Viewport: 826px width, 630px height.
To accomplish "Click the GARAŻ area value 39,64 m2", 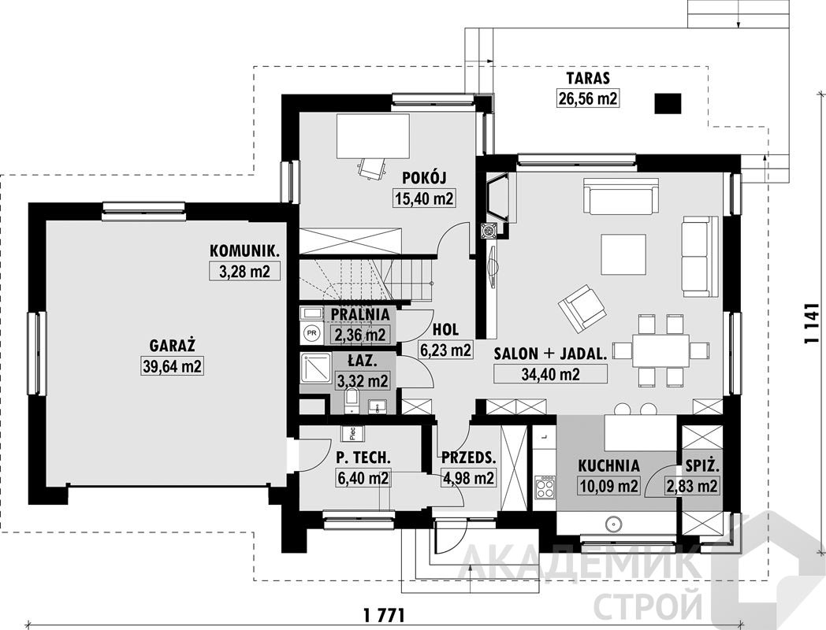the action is [173, 365].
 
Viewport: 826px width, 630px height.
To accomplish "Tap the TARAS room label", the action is [588, 79].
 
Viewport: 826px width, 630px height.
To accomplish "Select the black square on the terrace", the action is [668, 104].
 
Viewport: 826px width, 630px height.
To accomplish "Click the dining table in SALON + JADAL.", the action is [660, 350].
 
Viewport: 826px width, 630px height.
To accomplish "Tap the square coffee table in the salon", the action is [623, 254].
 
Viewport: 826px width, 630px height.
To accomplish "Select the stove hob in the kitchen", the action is [545, 487].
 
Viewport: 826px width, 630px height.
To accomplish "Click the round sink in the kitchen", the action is [614, 524].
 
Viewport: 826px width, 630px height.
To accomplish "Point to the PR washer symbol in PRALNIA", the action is [312, 332].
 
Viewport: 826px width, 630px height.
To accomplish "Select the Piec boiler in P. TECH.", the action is [352, 433].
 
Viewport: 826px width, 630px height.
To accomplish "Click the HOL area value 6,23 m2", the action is [445, 350].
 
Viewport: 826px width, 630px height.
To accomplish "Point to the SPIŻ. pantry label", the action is [703, 465].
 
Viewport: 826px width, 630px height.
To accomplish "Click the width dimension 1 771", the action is [384, 613].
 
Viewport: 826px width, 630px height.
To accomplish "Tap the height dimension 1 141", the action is [812, 323].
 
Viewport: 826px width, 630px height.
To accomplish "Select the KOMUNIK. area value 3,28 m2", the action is [244, 271].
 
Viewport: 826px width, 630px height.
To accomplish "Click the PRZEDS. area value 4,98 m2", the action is [468, 478].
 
